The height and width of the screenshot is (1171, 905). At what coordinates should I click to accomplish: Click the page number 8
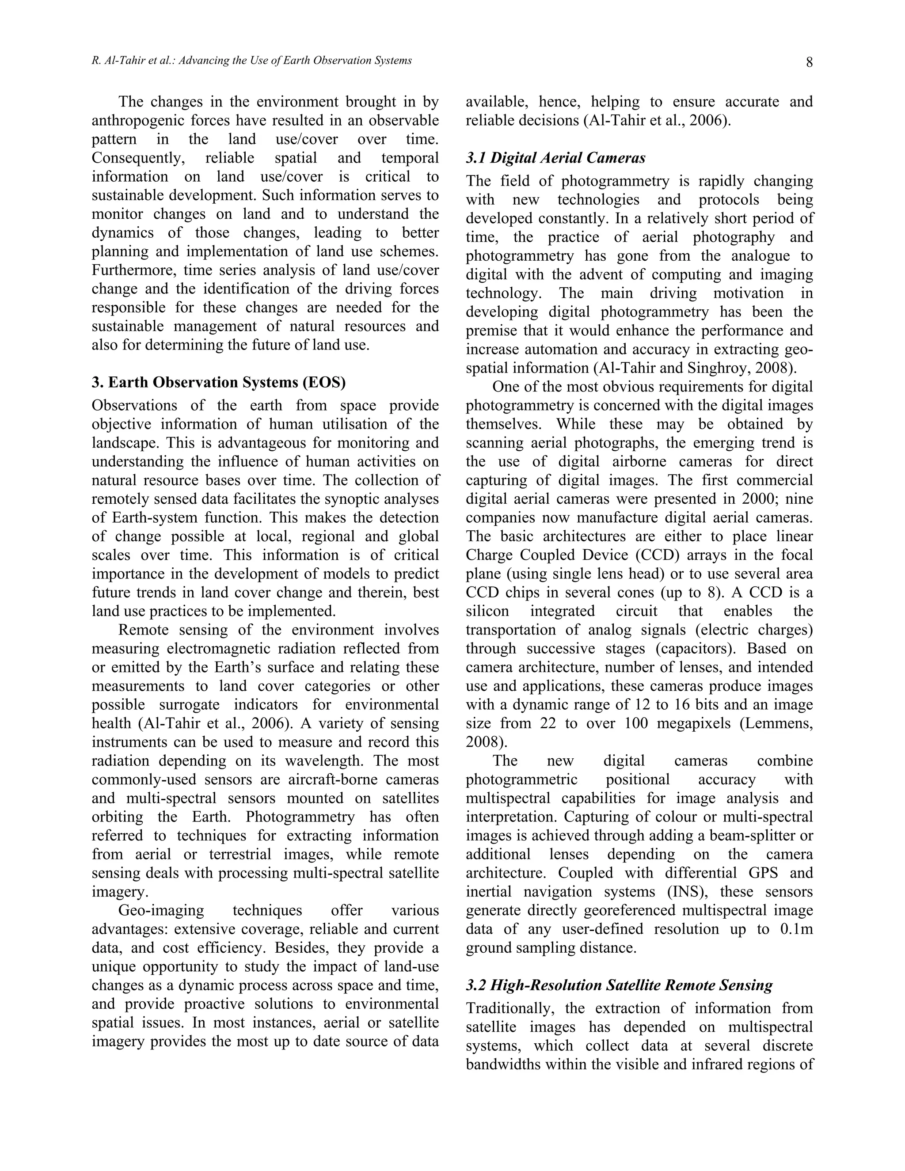click(809, 63)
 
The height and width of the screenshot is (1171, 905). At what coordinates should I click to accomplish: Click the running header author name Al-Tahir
click(119, 61)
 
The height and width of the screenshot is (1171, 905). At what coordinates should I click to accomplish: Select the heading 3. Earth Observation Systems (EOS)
click(219, 382)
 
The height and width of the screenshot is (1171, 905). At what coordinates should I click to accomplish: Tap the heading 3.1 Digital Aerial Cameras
click(555, 158)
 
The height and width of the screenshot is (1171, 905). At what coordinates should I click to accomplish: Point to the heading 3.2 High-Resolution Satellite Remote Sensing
click(619, 985)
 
